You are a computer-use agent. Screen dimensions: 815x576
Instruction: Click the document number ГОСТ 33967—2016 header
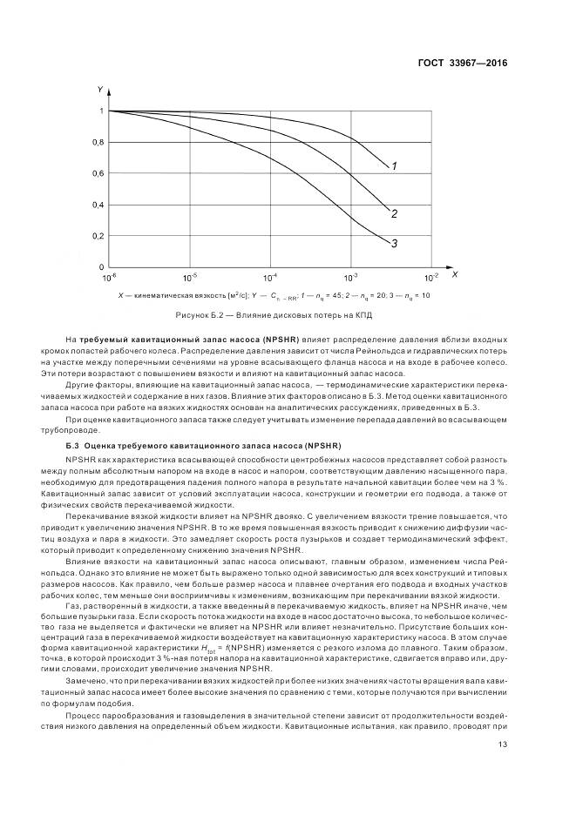pyautogui.click(x=464, y=63)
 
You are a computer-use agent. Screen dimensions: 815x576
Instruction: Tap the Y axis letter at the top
pyautogui.click(x=101, y=90)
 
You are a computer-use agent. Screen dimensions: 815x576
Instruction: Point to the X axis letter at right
pyautogui.click(x=455, y=275)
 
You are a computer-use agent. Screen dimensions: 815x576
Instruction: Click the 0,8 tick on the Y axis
pyautogui.click(x=98, y=142)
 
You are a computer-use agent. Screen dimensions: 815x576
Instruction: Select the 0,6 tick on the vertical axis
pyautogui.click(x=98, y=173)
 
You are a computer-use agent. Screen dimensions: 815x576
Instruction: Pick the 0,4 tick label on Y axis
pyautogui.click(x=98, y=205)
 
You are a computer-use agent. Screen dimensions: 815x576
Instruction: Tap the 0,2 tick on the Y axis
pyautogui.click(x=98, y=236)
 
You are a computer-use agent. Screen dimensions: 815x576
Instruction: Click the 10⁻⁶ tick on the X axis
pyautogui.click(x=110, y=278)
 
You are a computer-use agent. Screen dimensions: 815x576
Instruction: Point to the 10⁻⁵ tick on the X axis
pyautogui.click(x=190, y=278)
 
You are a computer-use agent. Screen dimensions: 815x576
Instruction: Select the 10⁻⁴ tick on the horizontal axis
pyautogui.click(x=270, y=278)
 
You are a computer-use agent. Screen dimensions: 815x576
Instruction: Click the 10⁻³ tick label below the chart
pyautogui.click(x=350, y=278)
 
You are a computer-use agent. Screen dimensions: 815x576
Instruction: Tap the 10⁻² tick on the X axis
pyautogui.click(x=430, y=278)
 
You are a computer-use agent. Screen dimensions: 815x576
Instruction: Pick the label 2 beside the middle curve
pyautogui.click(x=395, y=214)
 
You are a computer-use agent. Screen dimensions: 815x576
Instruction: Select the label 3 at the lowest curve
pyautogui.click(x=395, y=244)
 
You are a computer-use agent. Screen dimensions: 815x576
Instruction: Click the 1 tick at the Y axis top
pyautogui.click(x=101, y=111)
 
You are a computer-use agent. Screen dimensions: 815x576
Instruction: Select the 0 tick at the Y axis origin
pyautogui.click(x=101, y=267)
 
